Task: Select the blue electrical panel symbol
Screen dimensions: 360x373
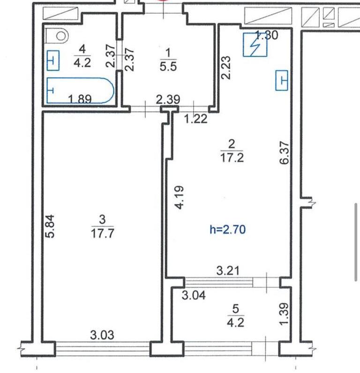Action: (x=255, y=45)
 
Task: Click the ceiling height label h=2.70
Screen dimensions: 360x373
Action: (x=228, y=229)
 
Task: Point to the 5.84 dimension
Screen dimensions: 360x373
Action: (x=51, y=226)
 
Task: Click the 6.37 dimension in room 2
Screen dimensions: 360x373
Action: (x=284, y=153)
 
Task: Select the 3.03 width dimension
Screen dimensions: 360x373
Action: (x=102, y=335)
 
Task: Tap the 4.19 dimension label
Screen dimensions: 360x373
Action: (x=179, y=198)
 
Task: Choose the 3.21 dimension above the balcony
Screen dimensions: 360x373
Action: (x=228, y=271)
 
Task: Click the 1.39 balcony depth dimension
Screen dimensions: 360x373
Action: (x=284, y=313)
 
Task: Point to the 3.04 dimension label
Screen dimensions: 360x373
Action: (x=194, y=296)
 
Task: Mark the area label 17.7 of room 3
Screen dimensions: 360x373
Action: (x=102, y=234)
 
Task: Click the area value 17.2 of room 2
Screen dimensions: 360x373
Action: (x=232, y=158)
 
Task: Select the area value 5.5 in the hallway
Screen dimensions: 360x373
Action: (x=168, y=66)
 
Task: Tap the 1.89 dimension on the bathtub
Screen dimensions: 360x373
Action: (x=80, y=99)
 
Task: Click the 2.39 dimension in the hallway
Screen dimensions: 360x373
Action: (x=168, y=99)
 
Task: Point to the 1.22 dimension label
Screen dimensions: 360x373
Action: (x=196, y=119)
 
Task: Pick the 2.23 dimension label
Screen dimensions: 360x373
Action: (x=225, y=68)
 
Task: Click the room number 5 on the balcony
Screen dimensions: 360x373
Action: (x=235, y=309)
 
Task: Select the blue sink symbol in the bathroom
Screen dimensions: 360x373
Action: (x=53, y=61)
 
